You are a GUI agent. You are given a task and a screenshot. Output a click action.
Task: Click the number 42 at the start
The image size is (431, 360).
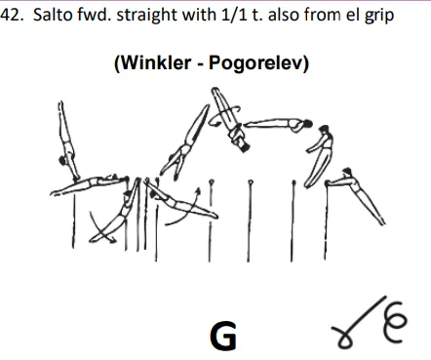tap(11, 13)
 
